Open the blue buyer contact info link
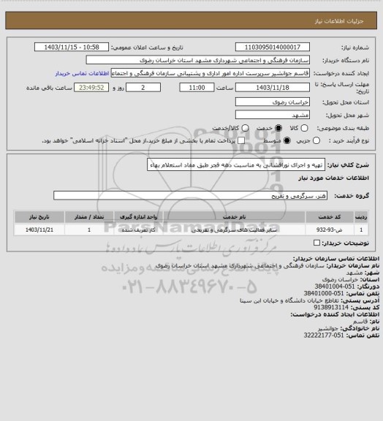point(80,74)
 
